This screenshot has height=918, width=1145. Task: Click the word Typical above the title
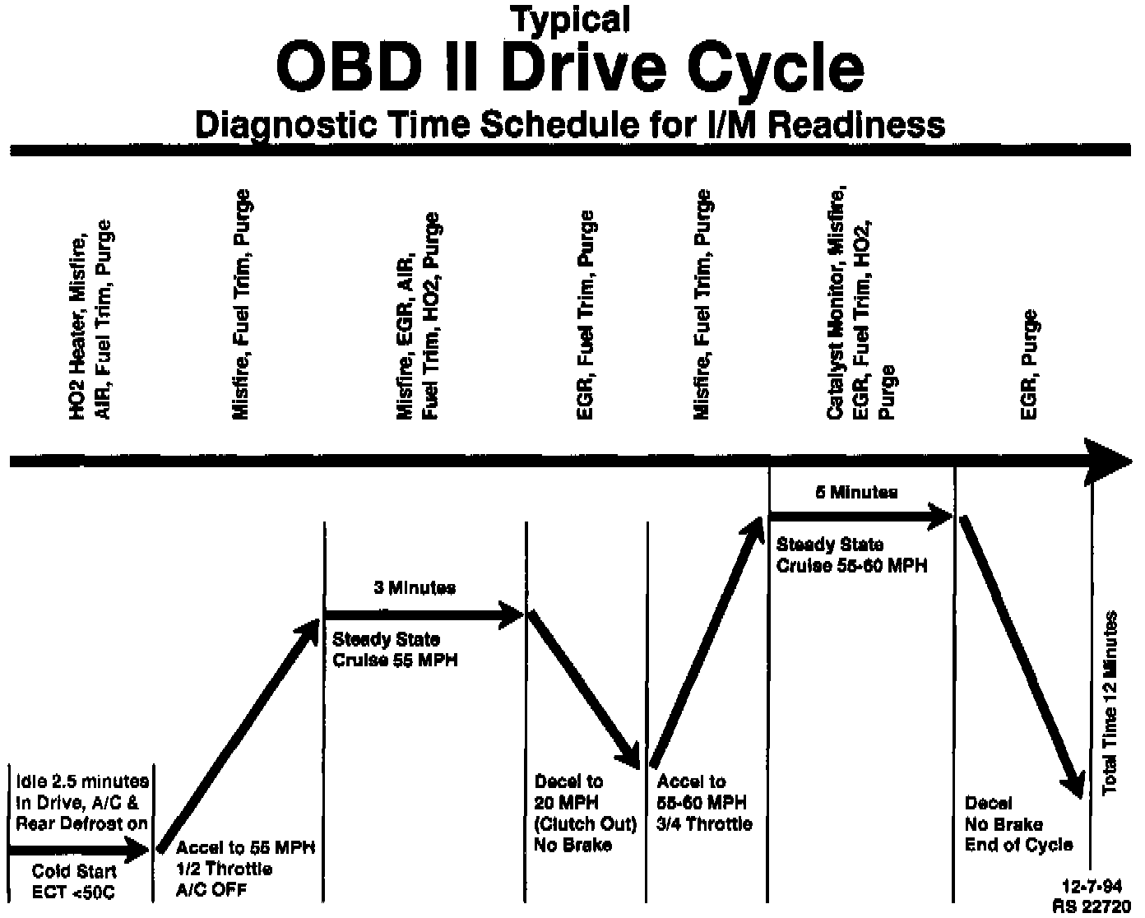click(x=570, y=19)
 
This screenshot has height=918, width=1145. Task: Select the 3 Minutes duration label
click(x=415, y=588)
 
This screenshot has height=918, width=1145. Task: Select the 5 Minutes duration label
click(x=856, y=493)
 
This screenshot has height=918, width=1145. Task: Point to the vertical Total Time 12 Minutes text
click(x=1110, y=702)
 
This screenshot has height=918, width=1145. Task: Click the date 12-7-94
click(x=1092, y=887)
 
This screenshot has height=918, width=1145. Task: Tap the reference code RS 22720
click(x=1092, y=905)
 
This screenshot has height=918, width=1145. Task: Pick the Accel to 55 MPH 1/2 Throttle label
click(x=246, y=868)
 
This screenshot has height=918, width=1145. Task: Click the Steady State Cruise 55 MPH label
click(x=395, y=650)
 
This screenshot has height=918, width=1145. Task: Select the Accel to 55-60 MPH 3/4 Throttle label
click(x=704, y=803)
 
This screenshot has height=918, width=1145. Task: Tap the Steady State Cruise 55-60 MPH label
click(x=852, y=555)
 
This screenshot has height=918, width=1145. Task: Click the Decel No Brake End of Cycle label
click(x=1018, y=824)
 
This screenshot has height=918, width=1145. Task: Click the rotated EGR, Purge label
click(x=1028, y=364)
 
